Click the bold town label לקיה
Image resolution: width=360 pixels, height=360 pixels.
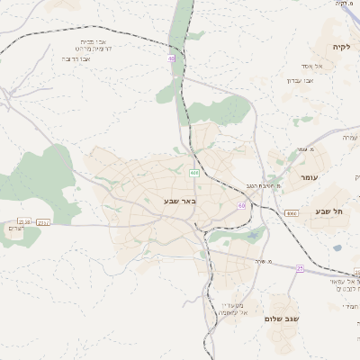(339, 47)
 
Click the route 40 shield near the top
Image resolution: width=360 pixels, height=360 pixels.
(171, 58)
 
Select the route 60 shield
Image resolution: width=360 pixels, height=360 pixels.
(241, 206)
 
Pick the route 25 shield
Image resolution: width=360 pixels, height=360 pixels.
(300, 268)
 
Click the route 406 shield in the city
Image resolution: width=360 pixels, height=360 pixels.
(193, 172)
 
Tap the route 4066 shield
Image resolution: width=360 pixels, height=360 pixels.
(291, 213)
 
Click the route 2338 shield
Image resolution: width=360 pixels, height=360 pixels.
(24, 221)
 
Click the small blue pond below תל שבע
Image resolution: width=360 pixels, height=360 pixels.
(337, 247)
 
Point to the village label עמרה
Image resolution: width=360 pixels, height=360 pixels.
(350, 137)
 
